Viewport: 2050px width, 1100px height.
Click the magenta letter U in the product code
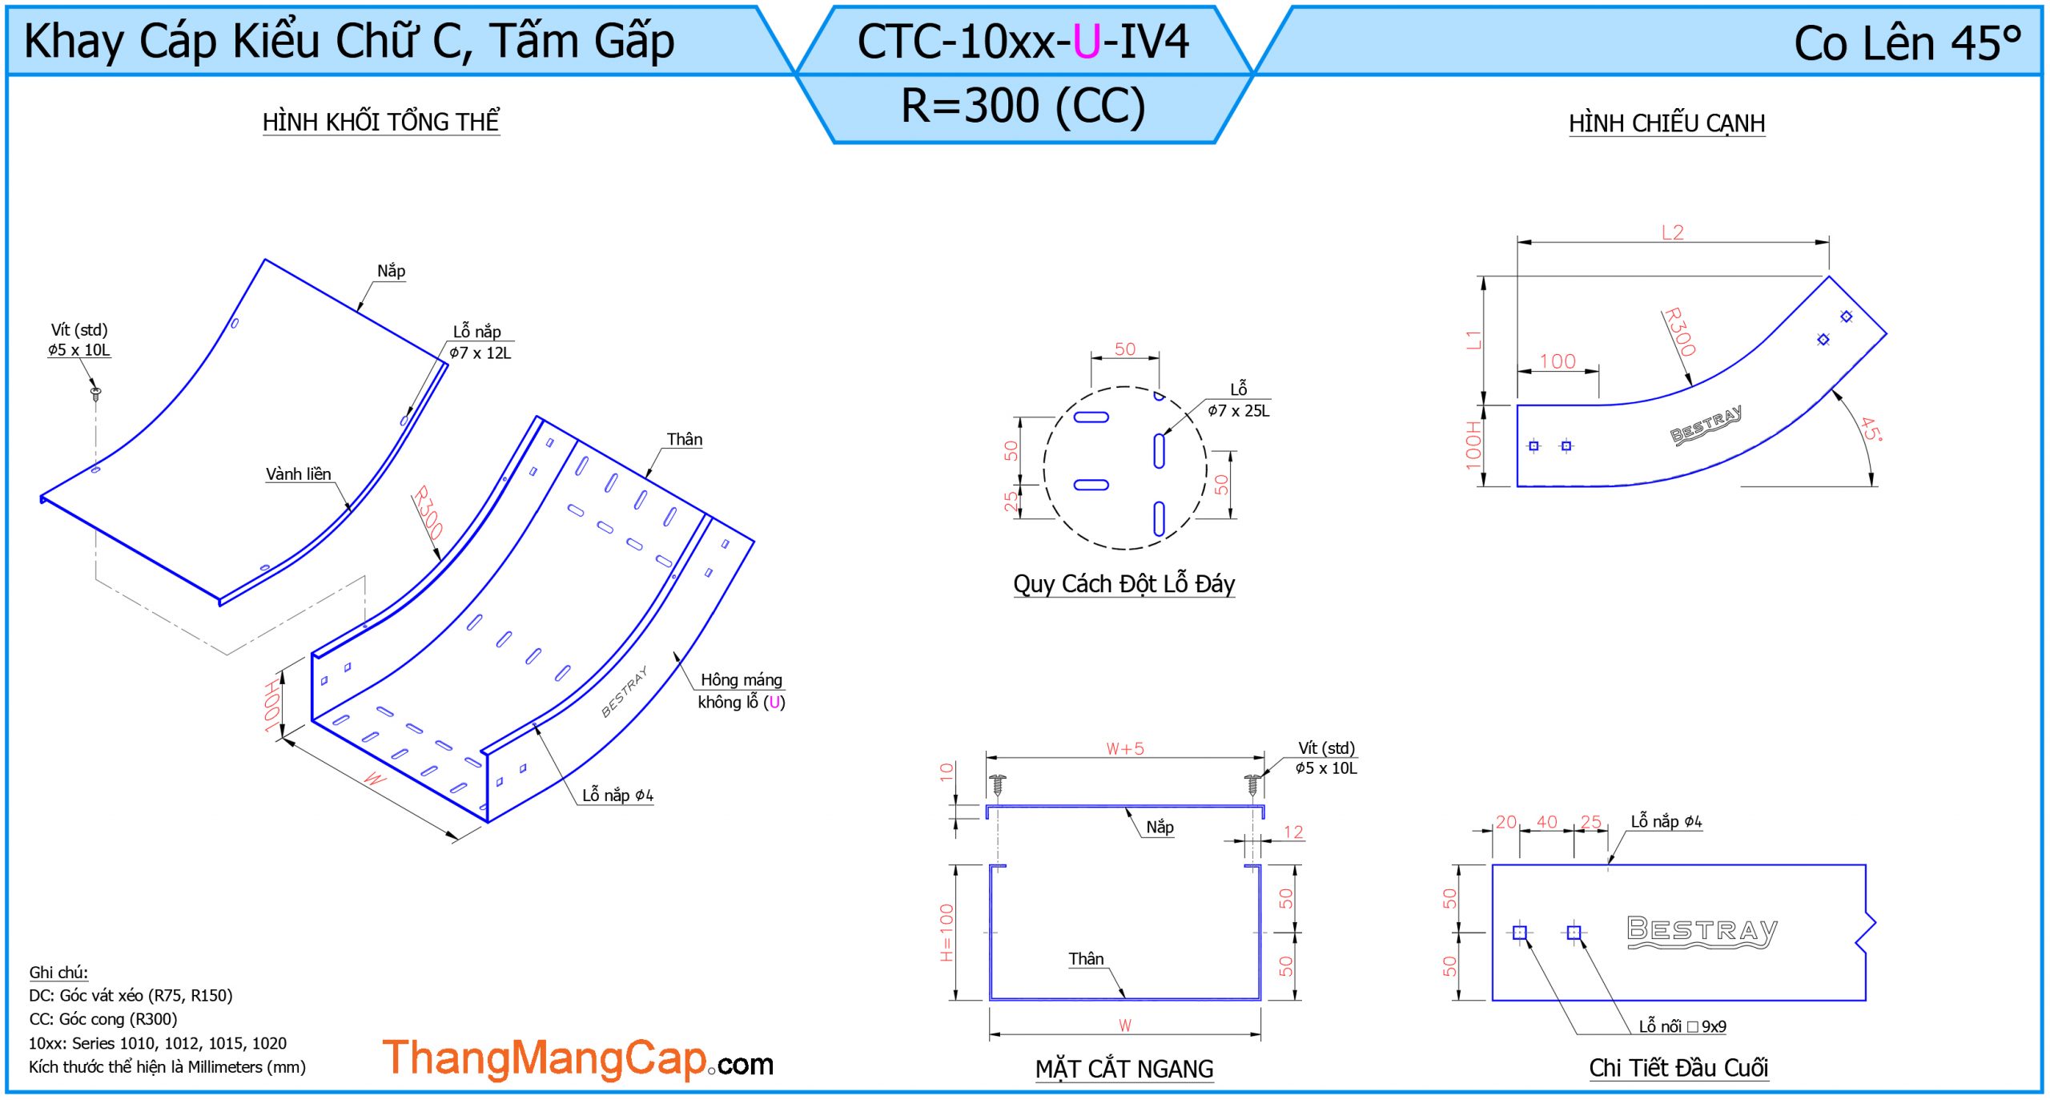coord(1087,42)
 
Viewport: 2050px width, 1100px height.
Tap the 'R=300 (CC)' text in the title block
coord(1023,105)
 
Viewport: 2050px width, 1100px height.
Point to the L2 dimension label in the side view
coord(1672,232)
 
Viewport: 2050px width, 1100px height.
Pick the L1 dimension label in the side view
coord(1473,340)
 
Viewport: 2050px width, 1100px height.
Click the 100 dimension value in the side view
coord(1557,361)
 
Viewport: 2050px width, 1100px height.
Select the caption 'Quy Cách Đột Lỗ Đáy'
coord(1123,583)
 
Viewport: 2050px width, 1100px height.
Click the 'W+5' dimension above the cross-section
coord(1125,748)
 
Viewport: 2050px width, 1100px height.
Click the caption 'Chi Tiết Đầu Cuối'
coord(1678,1067)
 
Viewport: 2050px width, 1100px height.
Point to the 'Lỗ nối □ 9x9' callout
coord(1682,1026)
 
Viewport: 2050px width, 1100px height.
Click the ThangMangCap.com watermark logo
coord(577,1059)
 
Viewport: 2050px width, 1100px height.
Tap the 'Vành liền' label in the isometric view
coord(298,473)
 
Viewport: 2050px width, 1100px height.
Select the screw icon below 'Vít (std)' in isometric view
coord(95,393)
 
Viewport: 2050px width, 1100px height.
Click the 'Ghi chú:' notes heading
coord(58,972)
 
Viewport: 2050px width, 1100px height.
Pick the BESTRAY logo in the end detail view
coord(1702,932)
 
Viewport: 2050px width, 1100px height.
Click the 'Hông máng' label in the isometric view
coord(742,679)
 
